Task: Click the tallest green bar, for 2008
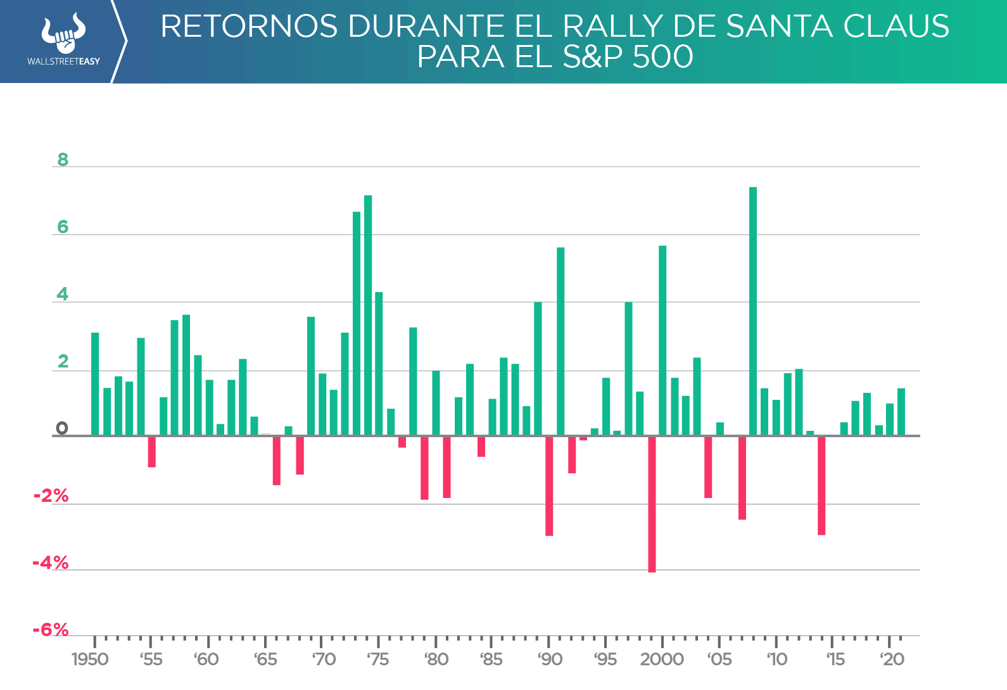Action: coord(753,310)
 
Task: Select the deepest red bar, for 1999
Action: coord(652,504)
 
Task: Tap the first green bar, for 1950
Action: coord(95,384)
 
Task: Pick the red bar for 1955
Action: coord(152,452)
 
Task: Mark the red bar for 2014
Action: coord(821,485)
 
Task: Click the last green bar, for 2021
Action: coord(901,412)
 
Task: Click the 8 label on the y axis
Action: coord(63,160)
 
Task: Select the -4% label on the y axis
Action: coord(51,563)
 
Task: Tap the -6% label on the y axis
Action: coord(51,630)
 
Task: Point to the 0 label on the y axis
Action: coord(61,428)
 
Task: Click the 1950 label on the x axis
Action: coord(90,660)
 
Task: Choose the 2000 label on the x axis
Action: coord(662,660)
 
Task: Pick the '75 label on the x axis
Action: coord(378,660)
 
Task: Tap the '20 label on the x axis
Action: coord(892,660)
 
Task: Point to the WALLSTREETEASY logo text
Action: coord(63,61)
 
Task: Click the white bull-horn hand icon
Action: coord(63,34)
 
